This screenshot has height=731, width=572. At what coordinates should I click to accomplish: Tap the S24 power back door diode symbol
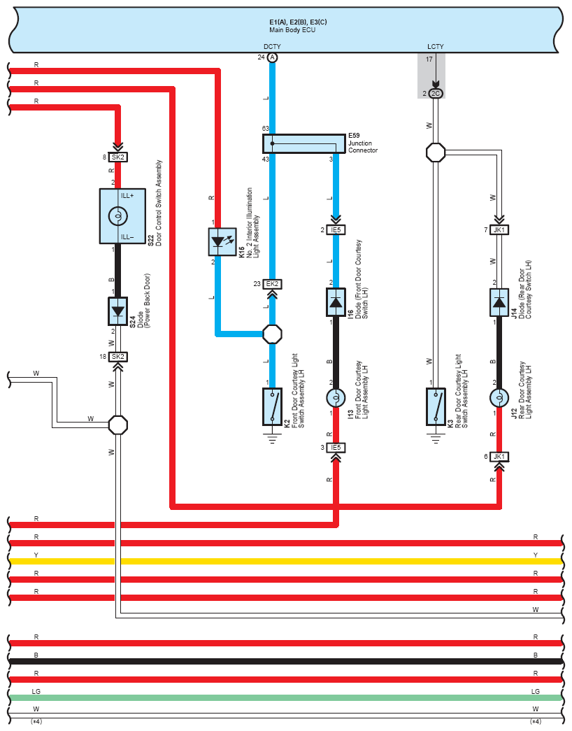(x=118, y=311)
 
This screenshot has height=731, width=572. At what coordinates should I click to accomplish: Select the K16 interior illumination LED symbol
(x=222, y=241)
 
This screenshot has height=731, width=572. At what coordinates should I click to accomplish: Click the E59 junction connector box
(x=304, y=143)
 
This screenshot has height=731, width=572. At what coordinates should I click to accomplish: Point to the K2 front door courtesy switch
(x=272, y=406)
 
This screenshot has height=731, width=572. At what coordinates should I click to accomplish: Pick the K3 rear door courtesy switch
(x=436, y=406)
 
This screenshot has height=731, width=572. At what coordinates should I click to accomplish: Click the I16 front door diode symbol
(x=336, y=302)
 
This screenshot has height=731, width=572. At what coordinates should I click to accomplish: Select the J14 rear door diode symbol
(x=499, y=302)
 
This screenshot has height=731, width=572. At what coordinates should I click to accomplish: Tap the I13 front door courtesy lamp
(x=336, y=397)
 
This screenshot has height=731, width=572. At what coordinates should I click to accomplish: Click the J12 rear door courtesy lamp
(x=499, y=397)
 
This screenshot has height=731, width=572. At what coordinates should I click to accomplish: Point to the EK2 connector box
(x=272, y=284)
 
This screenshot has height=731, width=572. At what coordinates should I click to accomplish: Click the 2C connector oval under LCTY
(x=436, y=93)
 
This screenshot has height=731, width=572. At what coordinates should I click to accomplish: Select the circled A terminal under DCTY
(x=272, y=57)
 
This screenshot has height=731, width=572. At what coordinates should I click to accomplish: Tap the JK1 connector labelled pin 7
(x=499, y=230)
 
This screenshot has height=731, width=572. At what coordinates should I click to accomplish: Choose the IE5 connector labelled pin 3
(x=336, y=448)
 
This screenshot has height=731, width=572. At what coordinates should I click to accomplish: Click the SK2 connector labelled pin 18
(x=118, y=357)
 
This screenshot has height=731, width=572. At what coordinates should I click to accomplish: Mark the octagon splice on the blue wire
(x=272, y=334)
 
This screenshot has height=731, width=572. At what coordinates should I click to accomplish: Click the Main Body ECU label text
(x=292, y=30)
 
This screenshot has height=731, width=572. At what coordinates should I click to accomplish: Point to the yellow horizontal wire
(x=285, y=561)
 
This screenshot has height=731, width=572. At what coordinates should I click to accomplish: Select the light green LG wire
(x=285, y=698)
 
